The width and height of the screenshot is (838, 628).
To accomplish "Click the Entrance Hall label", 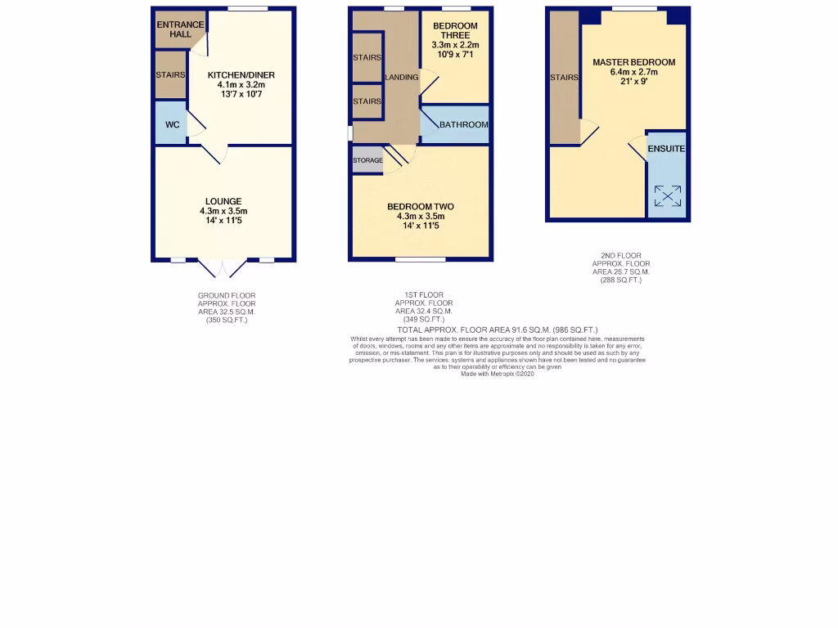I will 173,29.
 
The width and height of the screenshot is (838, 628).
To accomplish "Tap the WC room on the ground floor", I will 172,125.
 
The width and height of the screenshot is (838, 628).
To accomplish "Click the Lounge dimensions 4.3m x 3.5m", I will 223,212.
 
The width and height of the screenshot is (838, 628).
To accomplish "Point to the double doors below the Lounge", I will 223,269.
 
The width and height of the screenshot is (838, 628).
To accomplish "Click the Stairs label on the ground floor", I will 170,75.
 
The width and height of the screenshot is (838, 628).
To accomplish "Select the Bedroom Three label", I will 455,31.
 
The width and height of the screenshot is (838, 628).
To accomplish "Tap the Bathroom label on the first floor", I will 463,125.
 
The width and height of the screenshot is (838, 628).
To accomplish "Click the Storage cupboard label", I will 367,160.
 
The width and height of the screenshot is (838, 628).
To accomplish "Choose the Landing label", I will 402,78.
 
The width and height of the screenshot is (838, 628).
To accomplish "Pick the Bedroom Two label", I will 421,207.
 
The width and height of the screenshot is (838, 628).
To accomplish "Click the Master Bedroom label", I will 634,62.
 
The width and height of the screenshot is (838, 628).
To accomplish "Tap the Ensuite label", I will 666,149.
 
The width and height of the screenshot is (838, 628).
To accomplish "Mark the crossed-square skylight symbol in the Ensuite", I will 667,195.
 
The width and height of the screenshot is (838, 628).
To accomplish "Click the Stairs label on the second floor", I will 564,78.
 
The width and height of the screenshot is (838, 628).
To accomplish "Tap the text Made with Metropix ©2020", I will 498,374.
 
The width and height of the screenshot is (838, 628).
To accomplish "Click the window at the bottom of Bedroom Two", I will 421,260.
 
